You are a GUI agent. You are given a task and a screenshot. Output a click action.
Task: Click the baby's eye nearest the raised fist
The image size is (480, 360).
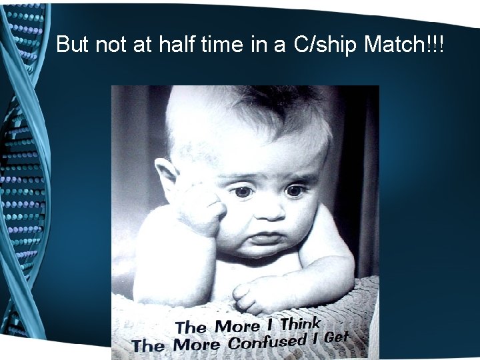[x=243, y=192]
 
